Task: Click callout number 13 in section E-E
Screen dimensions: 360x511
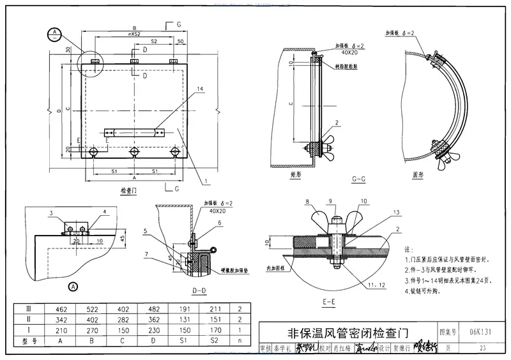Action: click(x=396, y=211)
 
